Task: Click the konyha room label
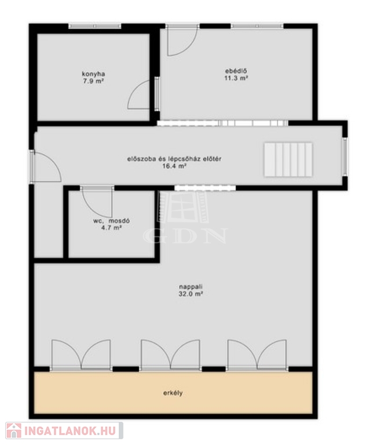pyautogui.click(x=93, y=74)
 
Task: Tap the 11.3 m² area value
pyautogui.click(x=236, y=78)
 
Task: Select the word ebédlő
pyautogui.click(x=236, y=71)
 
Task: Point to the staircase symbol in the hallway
pyautogui.click(x=288, y=159)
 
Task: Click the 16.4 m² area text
pyautogui.click(x=174, y=166)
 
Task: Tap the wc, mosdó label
pyautogui.click(x=111, y=221)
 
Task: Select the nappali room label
pyautogui.click(x=191, y=287)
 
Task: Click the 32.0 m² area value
pyautogui.click(x=191, y=294)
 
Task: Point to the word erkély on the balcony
pyautogui.click(x=173, y=393)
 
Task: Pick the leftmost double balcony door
pyautogui.click(x=81, y=355)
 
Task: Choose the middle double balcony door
pyautogui.click(x=170, y=355)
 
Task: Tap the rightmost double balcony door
pyautogui.click(x=257, y=355)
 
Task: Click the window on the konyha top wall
pyautogui.click(x=95, y=26)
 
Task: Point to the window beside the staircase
pyautogui.click(x=345, y=156)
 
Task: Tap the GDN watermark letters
pyautogui.click(x=185, y=236)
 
